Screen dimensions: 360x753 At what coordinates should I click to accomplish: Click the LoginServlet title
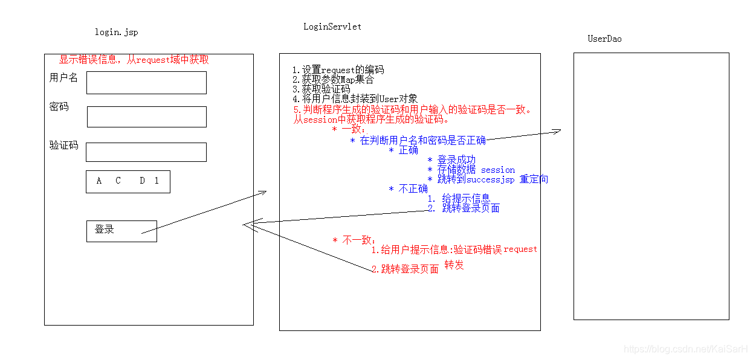(x=332, y=27)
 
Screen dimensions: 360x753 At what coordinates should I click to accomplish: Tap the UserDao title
(x=604, y=39)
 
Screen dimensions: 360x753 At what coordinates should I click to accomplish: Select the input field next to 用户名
(x=146, y=83)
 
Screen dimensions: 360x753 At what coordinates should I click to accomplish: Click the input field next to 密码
(x=147, y=117)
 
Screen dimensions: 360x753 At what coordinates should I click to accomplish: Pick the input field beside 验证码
(x=146, y=152)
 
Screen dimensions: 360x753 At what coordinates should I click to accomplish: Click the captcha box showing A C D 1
(x=128, y=181)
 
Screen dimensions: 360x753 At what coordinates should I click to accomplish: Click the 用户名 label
(x=63, y=78)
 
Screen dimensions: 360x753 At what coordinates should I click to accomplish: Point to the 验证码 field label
(x=63, y=146)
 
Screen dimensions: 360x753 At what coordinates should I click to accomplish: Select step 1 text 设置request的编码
(x=338, y=70)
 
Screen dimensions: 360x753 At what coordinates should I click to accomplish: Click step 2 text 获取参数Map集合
(x=333, y=80)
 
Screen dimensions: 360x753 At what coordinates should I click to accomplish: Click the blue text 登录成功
(x=456, y=160)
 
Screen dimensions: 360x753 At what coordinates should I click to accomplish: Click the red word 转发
(x=454, y=265)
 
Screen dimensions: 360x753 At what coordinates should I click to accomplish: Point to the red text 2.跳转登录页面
(x=405, y=269)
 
